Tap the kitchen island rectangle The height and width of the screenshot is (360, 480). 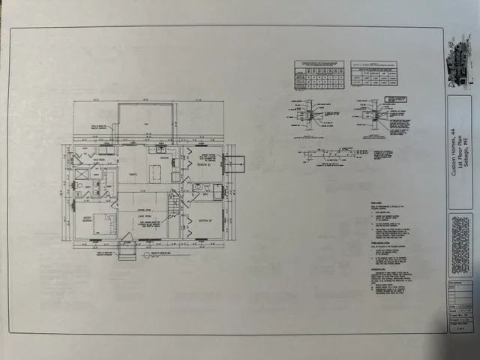click(x=156, y=174)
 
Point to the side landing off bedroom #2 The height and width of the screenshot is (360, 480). click(x=235, y=163)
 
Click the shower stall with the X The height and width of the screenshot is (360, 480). click(x=83, y=175)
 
